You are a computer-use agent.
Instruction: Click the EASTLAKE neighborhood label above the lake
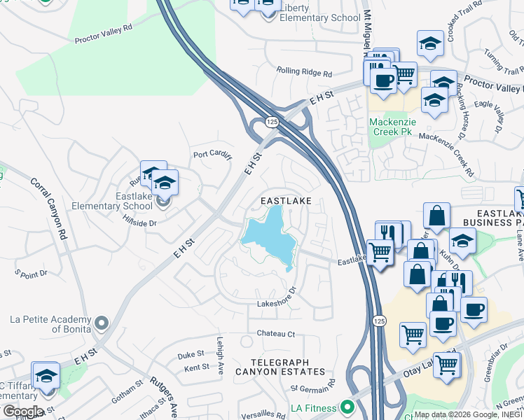285,200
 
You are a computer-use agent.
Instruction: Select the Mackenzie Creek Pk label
392,127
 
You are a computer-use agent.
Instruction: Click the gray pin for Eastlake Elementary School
163,202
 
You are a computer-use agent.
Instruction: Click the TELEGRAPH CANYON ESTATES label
280,372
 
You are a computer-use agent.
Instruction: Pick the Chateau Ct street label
276,334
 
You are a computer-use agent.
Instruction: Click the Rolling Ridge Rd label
303,71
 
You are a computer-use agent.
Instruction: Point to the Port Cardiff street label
212,155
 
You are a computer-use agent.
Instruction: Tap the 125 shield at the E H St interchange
270,122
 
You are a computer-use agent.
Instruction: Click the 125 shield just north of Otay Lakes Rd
379,320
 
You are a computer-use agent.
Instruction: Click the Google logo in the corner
22,412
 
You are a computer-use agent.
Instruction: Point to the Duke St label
190,354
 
